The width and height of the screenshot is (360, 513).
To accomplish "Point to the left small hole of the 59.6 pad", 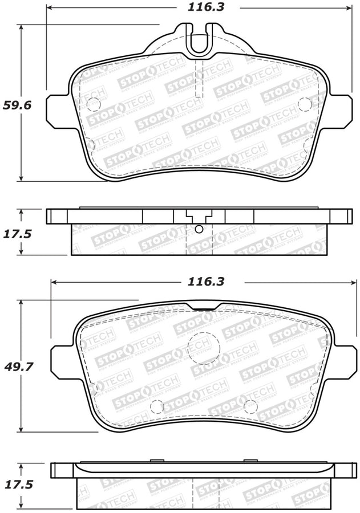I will [x=94, y=104].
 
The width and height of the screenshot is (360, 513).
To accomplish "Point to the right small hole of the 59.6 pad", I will [x=305, y=104].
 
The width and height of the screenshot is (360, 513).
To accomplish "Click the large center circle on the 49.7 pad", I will [x=204, y=345].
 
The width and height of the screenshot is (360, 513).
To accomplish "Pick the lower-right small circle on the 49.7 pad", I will [x=250, y=406].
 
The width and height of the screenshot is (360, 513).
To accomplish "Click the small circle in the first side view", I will [x=199, y=229].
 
